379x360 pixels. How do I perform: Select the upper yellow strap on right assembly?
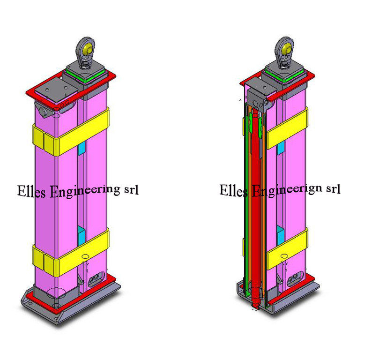click(x=287, y=128)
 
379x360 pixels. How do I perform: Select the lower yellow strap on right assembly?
click(x=287, y=249)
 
